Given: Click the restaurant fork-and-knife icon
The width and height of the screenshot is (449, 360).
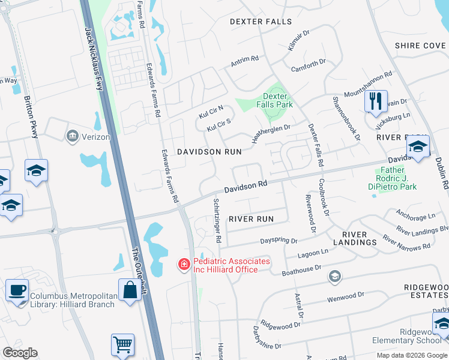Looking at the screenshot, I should click(376, 101).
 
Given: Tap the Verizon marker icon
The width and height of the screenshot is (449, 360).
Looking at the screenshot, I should click(73, 136).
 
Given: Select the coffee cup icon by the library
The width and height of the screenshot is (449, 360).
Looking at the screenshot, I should click(17, 290).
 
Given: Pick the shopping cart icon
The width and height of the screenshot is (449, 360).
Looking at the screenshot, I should click(122, 344).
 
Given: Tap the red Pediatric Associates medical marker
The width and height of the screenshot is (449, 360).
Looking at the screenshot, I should click(184, 264).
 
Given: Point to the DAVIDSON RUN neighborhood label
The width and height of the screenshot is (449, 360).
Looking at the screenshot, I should click(209, 152).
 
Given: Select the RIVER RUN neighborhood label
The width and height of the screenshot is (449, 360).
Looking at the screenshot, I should click(251, 219).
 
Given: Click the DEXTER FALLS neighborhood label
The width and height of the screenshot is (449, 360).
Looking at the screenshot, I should click(261, 22).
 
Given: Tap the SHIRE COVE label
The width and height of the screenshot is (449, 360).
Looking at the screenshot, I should click(420, 46).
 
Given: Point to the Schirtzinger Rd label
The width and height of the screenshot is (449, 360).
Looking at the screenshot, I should click(217, 221).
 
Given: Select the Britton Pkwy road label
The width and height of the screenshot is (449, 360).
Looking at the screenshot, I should click(31, 117).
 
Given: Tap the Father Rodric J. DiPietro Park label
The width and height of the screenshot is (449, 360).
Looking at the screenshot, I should click(397, 178).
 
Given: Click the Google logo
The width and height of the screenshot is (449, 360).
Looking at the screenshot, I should click(20, 353).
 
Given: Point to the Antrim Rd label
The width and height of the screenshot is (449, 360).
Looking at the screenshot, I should click(244, 61).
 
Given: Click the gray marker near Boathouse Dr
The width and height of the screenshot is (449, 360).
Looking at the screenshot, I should click(334, 277).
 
